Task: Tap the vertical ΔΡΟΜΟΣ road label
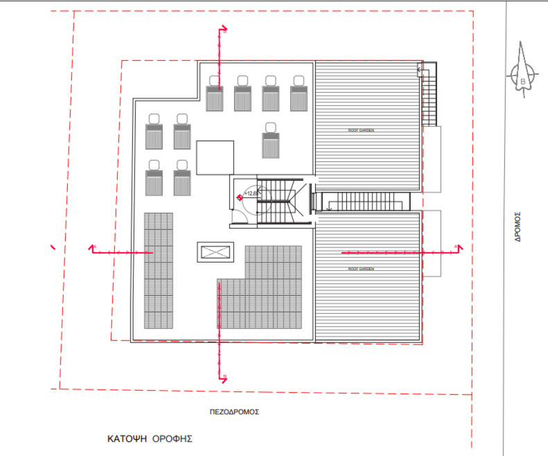pos(518,225)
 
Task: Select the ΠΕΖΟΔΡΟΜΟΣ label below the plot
pos(234,411)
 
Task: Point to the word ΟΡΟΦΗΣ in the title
pos(171,439)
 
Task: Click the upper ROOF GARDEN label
pos(360,130)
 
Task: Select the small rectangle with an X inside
pos(215,252)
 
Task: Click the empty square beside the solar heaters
pos(215,157)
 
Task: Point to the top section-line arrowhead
pos(224,29)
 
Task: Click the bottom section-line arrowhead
pos(224,378)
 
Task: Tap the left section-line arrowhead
pos(93,247)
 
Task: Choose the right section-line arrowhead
pos(457,247)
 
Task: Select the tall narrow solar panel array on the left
pos(158,270)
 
